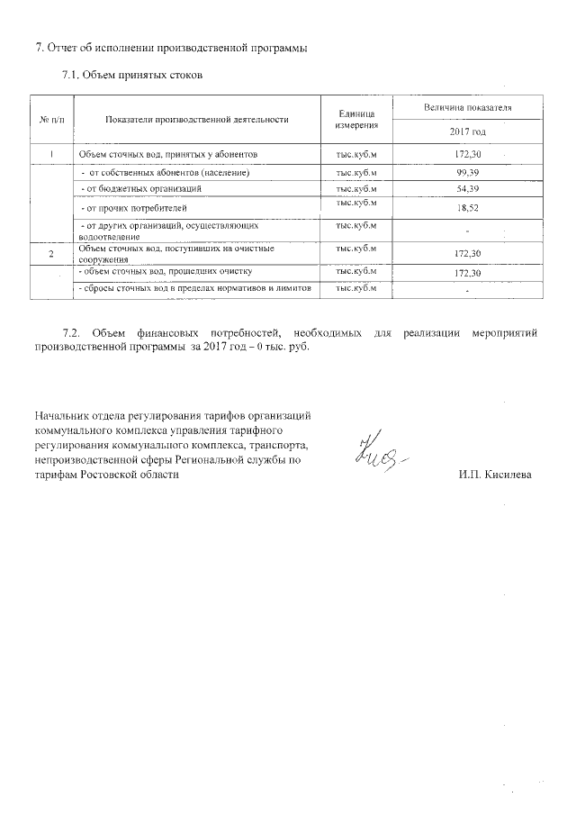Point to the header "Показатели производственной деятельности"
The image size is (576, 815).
point(196,119)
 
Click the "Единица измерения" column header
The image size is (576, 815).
point(355,119)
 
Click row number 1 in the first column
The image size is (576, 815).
point(52,155)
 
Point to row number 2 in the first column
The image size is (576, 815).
point(52,255)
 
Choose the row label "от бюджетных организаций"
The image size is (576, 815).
point(140,188)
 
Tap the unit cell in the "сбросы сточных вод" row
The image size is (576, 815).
point(355,288)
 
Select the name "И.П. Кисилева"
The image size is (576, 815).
point(494,475)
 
